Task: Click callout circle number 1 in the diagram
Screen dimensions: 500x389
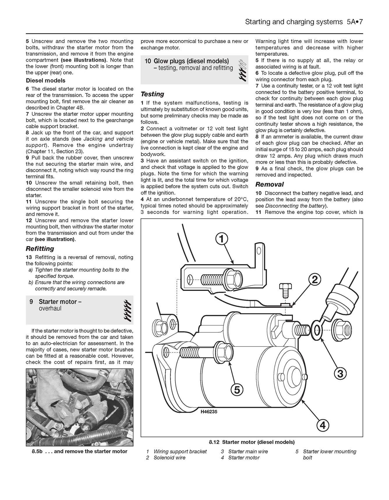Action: [222, 239]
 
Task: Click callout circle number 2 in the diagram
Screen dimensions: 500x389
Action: [314, 280]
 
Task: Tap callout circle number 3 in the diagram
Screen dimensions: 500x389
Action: [340, 373]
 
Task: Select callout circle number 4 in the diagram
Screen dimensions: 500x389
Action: [323, 425]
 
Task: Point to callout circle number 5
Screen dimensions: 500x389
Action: [237, 389]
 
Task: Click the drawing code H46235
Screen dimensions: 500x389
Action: [209, 411]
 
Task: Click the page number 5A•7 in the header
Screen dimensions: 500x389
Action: [354, 22]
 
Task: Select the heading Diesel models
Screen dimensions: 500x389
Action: [45, 81]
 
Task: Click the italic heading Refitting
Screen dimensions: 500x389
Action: [40, 249]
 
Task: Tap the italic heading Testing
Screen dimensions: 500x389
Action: [152, 94]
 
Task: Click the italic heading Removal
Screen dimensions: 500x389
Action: [269, 184]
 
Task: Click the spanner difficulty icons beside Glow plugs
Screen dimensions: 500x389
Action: [242, 70]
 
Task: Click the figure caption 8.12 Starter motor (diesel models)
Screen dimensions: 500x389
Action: [252, 442]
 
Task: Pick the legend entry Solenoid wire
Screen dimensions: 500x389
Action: [169, 457]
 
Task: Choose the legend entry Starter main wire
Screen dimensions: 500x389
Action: [248, 451]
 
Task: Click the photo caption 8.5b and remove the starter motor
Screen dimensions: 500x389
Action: [79, 451]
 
